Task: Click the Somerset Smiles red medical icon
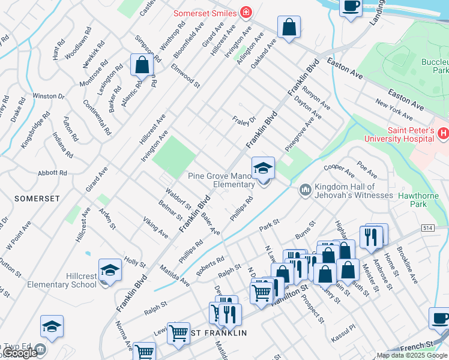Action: coord(246,13)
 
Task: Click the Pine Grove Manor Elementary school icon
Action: coord(262,169)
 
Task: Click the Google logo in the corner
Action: coord(19,353)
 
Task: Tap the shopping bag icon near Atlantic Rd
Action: coord(142,65)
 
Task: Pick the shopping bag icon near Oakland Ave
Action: coord(289,27)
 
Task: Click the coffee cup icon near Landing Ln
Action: coord(351,7)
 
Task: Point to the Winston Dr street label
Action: coord(48,96)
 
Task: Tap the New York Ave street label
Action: coord(394,108)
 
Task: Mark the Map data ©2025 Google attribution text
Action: coord(411,355)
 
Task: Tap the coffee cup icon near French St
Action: coord(439,319)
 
